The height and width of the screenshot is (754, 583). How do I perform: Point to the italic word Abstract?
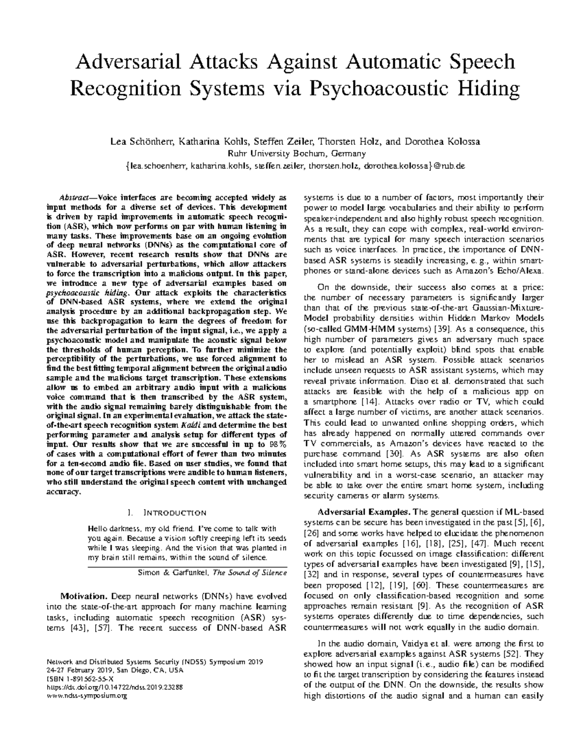point(73,198)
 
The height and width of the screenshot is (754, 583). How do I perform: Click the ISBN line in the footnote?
point(79,679)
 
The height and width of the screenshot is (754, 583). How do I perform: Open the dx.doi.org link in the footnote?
point(114,687)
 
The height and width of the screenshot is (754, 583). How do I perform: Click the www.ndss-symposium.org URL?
point(86,696)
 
